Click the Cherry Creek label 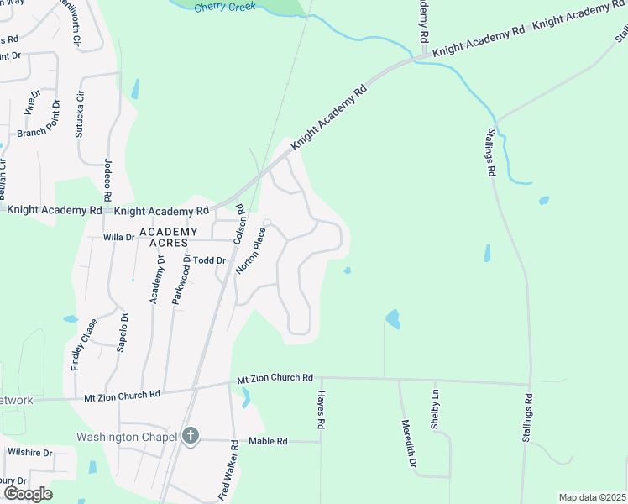[224, 7]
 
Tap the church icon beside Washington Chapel [191, 436]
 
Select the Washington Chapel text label [126, 437]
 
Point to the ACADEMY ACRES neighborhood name [168, 237]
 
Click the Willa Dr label [118, 238]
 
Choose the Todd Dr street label [210, 260]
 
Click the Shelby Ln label [435, 409]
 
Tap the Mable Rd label [269, 441]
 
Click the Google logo [27, 493]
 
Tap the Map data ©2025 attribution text [592, 497]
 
